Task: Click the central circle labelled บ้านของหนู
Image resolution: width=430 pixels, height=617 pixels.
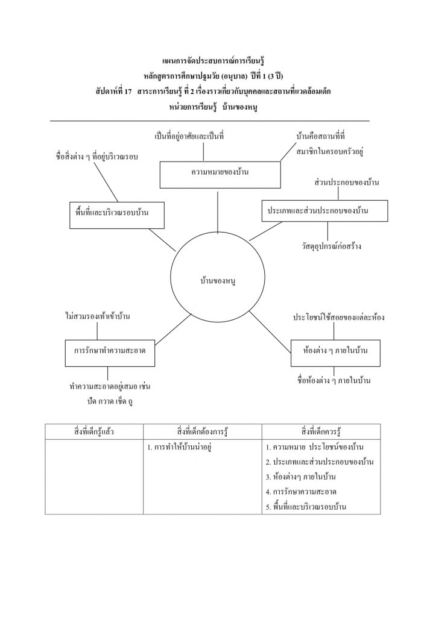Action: tap(217, 280)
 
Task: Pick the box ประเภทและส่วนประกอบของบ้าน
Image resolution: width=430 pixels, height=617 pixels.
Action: tap(324, 211)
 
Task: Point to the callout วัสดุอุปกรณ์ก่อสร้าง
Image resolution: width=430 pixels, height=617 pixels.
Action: tap(332, 247)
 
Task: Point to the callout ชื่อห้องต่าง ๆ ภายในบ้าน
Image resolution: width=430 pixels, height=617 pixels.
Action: tap(334, 381)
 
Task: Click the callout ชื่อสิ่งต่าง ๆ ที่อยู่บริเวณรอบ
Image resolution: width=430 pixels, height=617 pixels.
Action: tap(97, 157)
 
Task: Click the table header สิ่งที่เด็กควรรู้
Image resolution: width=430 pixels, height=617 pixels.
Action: tap(321, 432)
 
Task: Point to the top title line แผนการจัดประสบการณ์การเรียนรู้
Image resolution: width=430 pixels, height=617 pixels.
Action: tap(215, 61)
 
